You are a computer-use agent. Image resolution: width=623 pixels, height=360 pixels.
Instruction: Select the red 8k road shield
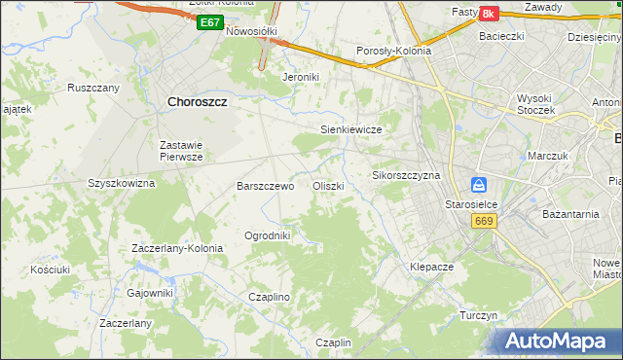tap(488, 13)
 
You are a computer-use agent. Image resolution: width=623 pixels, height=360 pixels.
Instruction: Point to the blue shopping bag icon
tap(479, 185)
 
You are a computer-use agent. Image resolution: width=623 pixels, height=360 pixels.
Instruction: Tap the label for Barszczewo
tap(266, 185)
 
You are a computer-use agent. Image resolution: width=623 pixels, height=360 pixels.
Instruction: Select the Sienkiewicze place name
tap(350, 128)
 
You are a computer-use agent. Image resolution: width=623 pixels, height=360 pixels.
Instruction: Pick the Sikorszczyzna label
tap(407, 175)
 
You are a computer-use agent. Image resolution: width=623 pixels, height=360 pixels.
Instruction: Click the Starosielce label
tap(472, 204)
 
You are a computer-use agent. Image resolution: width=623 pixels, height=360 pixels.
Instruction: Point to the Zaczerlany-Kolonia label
tap(177, 248)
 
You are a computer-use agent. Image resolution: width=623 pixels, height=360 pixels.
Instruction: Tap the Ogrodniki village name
tap(268, 235)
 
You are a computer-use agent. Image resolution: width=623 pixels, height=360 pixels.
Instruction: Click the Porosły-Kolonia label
tap(394, 52)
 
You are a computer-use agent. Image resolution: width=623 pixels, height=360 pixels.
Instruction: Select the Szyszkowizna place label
tap(122, 182)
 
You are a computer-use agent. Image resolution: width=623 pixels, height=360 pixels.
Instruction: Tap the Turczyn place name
tap(479, 316)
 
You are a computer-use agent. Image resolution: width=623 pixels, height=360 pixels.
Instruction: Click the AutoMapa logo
tap(560, 341)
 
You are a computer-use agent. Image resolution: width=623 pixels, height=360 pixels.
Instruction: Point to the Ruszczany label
tap(93, 87)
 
